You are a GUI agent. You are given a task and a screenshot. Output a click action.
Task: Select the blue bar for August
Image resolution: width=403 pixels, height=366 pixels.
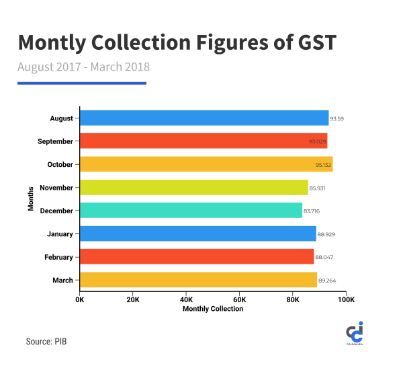pyautogui.click(x=204, y=118)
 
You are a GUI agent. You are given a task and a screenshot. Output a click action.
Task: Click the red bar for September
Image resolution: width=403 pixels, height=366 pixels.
pyautogui.click(x=204, y=141)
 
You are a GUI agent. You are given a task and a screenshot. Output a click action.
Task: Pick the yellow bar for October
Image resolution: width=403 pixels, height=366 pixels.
pyautogui.click(x=206, y=164)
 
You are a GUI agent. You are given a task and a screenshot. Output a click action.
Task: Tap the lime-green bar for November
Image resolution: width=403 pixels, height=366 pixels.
pyautogui.click(x=193, y=187)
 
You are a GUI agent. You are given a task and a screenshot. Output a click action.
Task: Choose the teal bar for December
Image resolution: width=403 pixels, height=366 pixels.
pyautogui.click(x=191, y=211)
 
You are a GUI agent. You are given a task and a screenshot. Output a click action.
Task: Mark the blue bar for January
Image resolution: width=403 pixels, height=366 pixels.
pyautogui.click(x=197, y=233)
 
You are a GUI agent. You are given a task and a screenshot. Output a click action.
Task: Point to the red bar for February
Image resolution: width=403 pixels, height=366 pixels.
pyautogui.click(x=197, y=256)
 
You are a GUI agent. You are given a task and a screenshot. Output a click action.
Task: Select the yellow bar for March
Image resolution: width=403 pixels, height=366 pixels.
pyautogui.click(x=198, y=280)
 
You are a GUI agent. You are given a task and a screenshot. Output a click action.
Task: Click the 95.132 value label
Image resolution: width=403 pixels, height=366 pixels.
pyautogui.click(x=343, y=165)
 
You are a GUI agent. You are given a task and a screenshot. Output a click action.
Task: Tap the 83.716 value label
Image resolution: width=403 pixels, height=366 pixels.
pyautogui.click(x=312, y=211)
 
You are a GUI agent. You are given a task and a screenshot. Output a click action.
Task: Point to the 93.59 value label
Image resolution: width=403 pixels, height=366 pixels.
pyautogui.click(x=337, y=119)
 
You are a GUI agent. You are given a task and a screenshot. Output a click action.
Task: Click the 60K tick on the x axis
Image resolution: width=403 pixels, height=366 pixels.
pyautogui.click(x=240, y=299)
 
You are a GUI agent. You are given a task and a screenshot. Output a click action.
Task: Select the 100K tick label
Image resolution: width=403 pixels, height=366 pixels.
pyautogui.click(x=345, y=299)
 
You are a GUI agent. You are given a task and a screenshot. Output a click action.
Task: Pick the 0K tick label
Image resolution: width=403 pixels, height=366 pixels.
pyautogui.click(x=80, y=299)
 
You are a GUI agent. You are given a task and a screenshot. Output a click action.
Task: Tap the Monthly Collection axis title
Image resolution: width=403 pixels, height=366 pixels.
pyautogui.click(x=213, y=309)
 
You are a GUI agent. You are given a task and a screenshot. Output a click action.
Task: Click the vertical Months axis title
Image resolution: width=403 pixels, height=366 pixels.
pyautogui.click(x=31, y=199)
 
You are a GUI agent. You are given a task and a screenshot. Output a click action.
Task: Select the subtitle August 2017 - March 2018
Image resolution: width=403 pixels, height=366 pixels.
pyautogui.click(x=83, y=67)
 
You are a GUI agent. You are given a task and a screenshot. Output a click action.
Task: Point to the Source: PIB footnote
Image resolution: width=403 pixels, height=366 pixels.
pyautogui.click(x=46, y=342)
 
